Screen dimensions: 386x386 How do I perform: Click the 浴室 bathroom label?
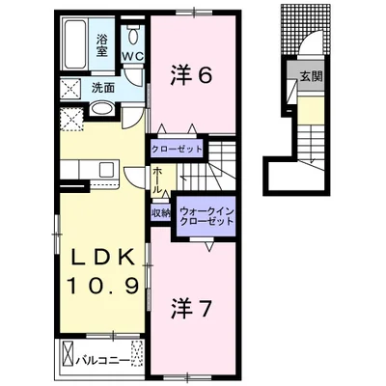tap(102, 45)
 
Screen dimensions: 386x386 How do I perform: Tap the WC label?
tap(132, 56)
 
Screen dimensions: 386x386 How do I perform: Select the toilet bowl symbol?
tap(132, 36)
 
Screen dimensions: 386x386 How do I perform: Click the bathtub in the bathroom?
tap(75, 44)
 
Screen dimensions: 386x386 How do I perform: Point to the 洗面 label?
tap(102, 88)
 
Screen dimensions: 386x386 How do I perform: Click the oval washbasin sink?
tap(100, 109)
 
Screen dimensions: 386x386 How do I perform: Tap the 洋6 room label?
tap(191, 76)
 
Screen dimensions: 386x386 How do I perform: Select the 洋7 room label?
tap(191, 308)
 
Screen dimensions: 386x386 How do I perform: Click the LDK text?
tap(102, 257)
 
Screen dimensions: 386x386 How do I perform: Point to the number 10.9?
tap(103, 286)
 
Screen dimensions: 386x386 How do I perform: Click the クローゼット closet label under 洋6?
tap(177, 150)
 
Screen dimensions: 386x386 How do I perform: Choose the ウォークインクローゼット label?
tap(207, 216)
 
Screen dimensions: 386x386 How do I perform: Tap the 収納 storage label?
tap(161, 213)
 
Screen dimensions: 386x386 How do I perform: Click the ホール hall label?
tap(157, 180)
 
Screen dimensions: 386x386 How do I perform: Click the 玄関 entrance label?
tap(311, 76)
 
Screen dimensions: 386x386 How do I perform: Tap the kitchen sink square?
tap(106, 170)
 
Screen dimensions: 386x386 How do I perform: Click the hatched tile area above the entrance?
tap(306, 29)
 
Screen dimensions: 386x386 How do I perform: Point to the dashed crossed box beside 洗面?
tap(71, 88)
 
